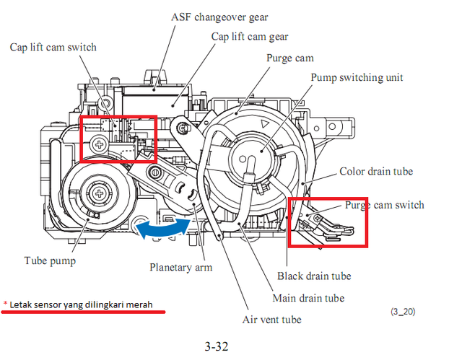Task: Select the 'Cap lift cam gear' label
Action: coord(250,35)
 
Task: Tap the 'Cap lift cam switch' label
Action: coord(53,48)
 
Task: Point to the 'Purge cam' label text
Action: coord(290,58)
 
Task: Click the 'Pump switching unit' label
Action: coord(357,77)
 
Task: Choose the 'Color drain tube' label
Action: coord(376,172)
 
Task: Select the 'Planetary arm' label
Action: coord(180,267)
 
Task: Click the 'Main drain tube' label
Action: coord(309,298)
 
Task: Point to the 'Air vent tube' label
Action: coord(271,320)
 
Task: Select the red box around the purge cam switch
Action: coord(328,222)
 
